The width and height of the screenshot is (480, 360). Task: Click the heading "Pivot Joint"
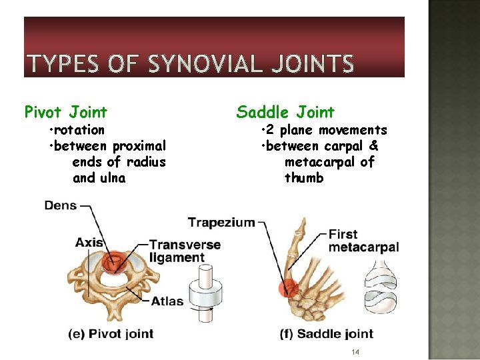tap(65, 112)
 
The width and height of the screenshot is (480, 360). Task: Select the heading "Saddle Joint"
tap(285, 112)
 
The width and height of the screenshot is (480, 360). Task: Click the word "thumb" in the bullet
tap(304, 178)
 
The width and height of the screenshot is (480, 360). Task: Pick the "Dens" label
tap(60, 205)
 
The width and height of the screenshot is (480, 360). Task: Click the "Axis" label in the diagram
tap(89, 243)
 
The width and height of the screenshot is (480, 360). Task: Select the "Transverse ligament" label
tap(185, 251)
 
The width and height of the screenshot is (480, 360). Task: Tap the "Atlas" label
tap(167, 301)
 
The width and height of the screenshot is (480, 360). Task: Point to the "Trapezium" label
tap(221, 222)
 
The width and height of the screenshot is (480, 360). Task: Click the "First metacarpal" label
tap(363, 241)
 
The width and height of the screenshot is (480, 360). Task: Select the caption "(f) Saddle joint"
tap(327, 334)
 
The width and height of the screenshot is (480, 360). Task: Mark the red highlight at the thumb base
tap(289, 287)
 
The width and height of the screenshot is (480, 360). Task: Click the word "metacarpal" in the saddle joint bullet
tap(329, 162)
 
